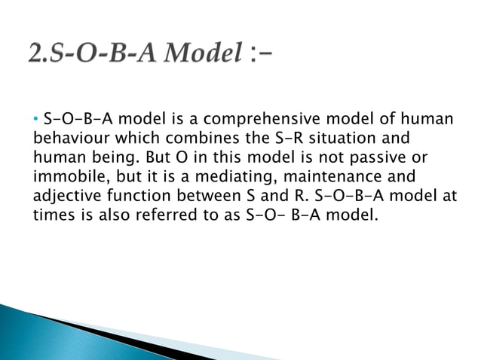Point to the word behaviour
pos(69,139)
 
